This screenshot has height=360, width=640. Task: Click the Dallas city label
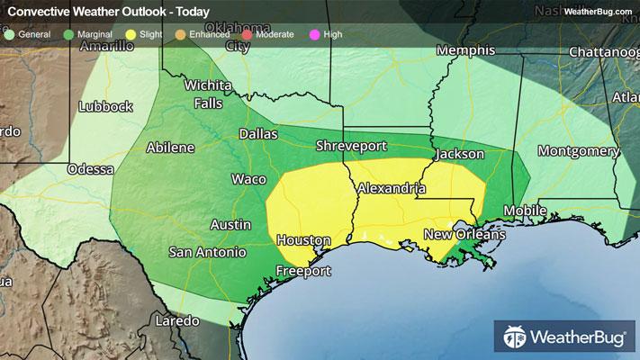click(x=257, y=133)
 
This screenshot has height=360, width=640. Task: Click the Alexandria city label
click(x=391, y=189)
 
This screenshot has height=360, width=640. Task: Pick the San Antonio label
click(x=208, y=252)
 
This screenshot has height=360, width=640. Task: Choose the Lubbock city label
click(x=105, y=106)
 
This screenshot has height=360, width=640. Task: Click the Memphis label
click(x=465, y=51)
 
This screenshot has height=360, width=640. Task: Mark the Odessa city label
click(x=91, y=169)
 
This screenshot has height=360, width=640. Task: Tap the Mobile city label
click(x=525, y=211)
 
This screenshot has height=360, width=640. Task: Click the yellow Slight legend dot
click(x=131, y=34)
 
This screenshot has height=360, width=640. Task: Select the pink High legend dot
click(x=314, y=34)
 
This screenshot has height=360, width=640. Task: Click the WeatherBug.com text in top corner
click(x=596, y=11)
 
